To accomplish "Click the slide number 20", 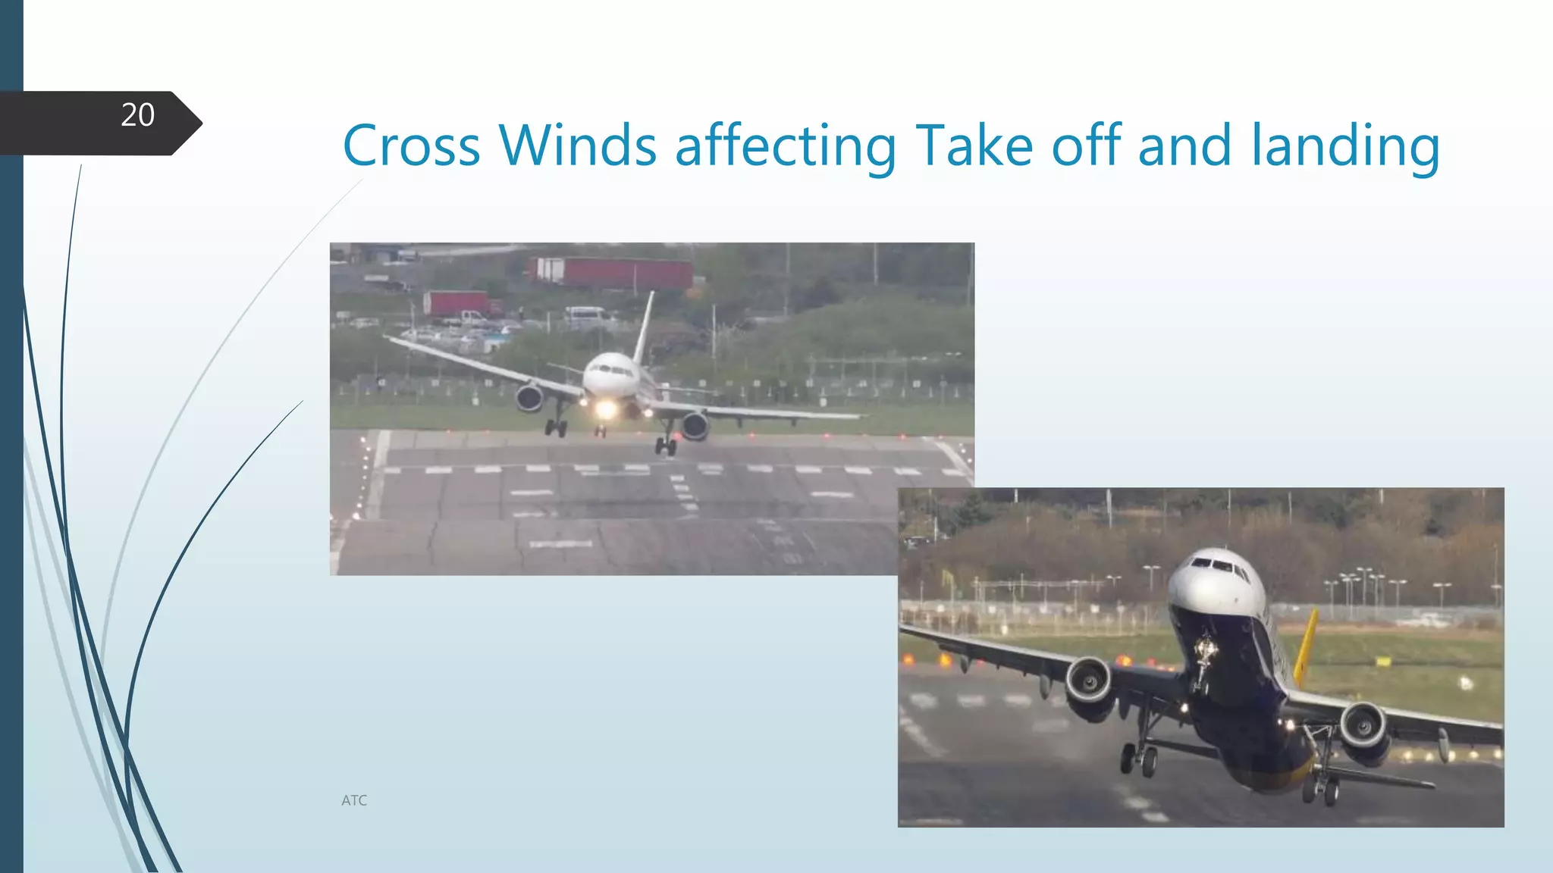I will (137, 115).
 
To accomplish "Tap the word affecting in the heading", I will (786, 146).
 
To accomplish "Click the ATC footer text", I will (354, 800).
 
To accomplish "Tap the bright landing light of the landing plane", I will (606, 409).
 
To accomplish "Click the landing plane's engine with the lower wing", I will (695, 426).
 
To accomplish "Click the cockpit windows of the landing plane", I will (610, 369).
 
